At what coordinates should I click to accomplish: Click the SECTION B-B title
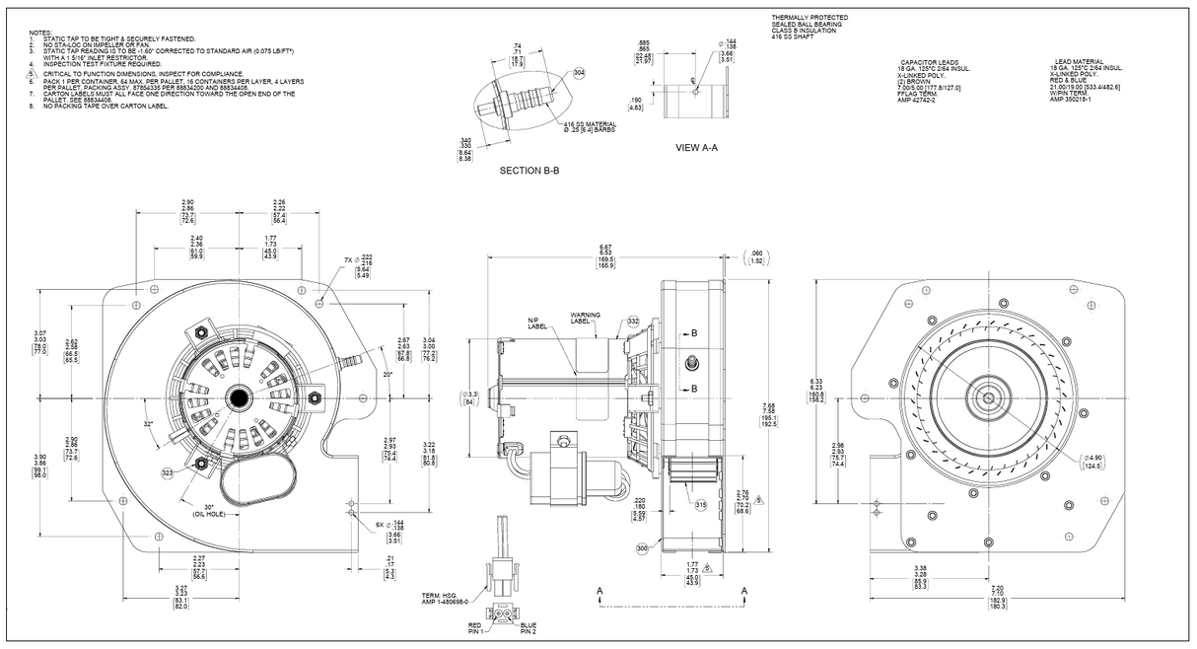[529, 171]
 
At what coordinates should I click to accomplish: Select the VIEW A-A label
[696, 148]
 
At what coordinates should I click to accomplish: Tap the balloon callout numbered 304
[579, 74]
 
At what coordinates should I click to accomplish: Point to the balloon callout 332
[633, 322]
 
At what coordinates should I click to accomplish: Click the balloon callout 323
[168, 474]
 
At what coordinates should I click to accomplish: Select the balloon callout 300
[643, 548]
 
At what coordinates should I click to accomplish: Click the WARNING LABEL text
[585, 318]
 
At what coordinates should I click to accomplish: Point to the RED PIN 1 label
[474, 626]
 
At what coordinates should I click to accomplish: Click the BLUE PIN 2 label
[528, 626]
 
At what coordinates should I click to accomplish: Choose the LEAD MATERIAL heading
[1077, 61]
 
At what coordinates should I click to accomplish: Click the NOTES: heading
[41, 32]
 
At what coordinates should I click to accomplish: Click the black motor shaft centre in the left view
[240, 397]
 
